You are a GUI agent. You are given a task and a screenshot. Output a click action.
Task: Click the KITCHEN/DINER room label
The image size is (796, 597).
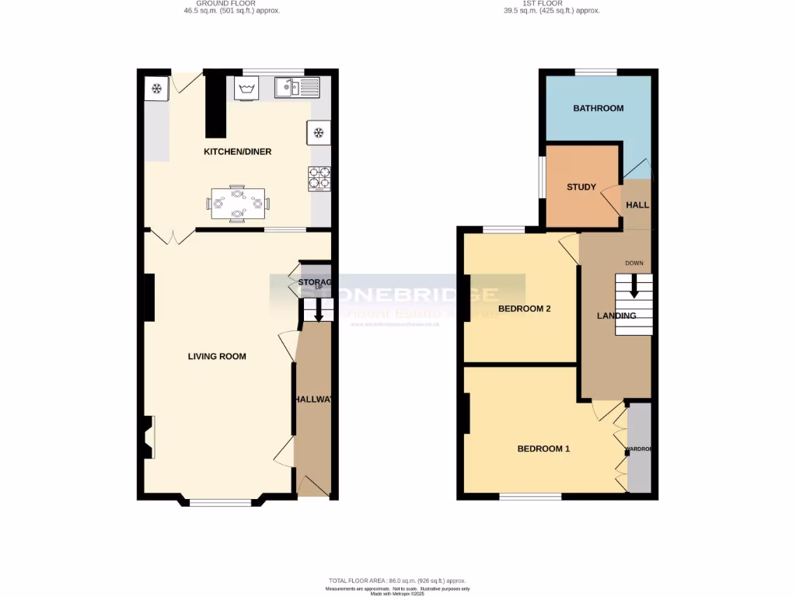click(x=237, y=152)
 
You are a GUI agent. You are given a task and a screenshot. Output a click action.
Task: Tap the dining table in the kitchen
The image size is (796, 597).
click(x=238, y=204)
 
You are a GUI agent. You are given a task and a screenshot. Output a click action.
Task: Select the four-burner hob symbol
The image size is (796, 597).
click(x=319, y=178)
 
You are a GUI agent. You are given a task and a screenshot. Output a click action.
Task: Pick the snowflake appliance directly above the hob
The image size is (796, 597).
click(x=319, y=132)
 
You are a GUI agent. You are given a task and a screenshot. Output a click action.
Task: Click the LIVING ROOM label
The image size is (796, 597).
click(x=217, y=357)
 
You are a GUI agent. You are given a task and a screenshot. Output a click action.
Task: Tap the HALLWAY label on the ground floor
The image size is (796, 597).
click(x=315, y=400)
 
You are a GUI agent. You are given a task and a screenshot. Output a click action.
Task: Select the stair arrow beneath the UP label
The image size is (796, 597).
click(x=317, y=312)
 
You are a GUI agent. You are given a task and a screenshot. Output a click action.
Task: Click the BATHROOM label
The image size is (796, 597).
click(x=598, y=108)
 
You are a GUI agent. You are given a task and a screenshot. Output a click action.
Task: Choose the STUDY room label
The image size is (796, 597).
click(x=581, y=187)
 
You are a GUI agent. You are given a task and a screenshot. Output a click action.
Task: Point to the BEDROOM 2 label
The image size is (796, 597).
click(x=524, y=309)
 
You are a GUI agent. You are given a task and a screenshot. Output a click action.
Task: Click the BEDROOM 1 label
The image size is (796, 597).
click(x=543, y=449)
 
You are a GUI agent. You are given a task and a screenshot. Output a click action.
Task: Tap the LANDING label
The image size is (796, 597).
click(x=616, y=316)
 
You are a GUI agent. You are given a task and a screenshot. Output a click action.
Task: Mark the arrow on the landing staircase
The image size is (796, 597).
click(x=634, y=287)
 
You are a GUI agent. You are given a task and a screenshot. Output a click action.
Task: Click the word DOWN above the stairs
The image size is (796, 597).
click(x=634, y=263)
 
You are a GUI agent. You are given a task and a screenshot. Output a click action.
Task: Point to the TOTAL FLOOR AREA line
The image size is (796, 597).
click(x=397, y=581)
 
